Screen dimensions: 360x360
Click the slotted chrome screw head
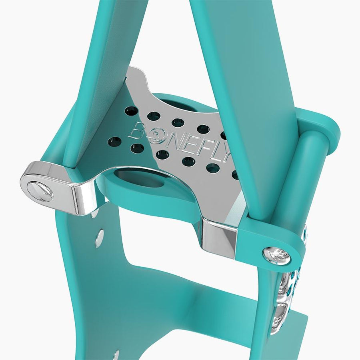click(x=40, y=191)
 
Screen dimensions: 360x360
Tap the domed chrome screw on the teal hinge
click(x=277, y=255)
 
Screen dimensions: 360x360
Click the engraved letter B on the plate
click(x=138, y=131)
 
